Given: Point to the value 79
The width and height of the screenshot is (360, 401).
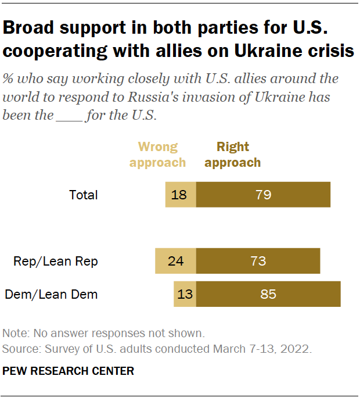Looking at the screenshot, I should click(263, 195).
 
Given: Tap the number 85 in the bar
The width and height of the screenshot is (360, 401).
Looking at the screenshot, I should click(268, 294).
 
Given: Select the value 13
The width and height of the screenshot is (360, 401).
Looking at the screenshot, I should click(185, 294).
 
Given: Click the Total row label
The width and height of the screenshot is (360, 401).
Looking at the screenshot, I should click(84, 195).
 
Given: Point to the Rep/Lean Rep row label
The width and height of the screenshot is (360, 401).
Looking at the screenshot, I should click(56, 262).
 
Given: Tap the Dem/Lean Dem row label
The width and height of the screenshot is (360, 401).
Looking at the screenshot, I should click(51, 295).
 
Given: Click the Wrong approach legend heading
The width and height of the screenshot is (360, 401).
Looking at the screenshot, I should click(157, 155).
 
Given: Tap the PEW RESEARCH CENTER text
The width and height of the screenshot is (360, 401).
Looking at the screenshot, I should click(69, 371).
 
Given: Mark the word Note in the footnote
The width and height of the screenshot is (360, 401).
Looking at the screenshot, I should click(13, 334).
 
